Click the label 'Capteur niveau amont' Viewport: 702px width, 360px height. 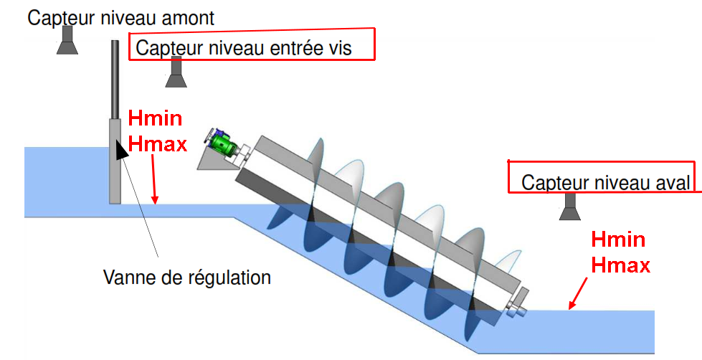pyautogui.click(x=120, y=18)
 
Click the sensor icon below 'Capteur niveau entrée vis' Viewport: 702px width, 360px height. pyautogui.click(x=176, y=73)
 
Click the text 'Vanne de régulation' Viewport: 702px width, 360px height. pyautogui.click(x=187, y=276)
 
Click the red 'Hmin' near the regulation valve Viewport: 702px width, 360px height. pyautogui.click(x=154, y=118)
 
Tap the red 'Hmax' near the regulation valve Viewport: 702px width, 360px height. pyautogui.click(x=157, y=144)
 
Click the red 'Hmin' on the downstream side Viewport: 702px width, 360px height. pyautogui.click(x=617, y=240)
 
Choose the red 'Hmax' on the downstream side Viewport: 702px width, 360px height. pyautogui.click(x=620, y=265)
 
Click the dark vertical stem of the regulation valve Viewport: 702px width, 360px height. pyautogui.click(x=114, y=79)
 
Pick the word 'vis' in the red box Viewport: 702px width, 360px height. pyautogui.click(x=360, y=48)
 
